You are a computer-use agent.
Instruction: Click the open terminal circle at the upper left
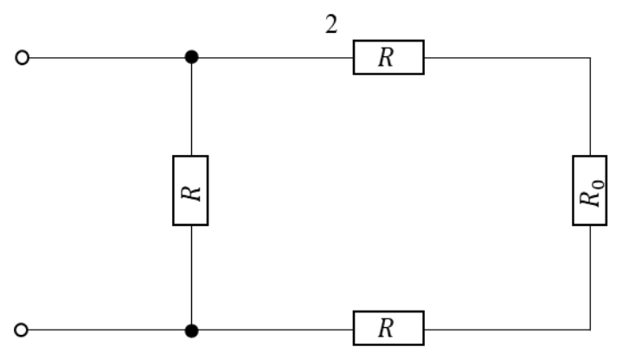(22, 58)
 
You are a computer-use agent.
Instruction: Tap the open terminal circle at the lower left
(22, 330)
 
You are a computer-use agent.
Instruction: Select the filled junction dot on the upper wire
(191, 57)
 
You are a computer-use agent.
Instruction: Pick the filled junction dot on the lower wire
(191, 331)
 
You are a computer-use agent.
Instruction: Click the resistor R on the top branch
(388, 57)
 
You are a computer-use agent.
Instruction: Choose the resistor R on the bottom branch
(388, 328)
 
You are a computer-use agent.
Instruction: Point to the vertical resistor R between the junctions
(191, 190)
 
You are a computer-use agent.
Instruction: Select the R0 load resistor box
(590, 190)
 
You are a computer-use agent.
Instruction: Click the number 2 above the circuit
(331, 24)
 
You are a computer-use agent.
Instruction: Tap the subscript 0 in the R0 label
(598, 184)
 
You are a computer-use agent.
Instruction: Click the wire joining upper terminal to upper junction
(107, 58)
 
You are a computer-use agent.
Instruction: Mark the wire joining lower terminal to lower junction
(106, 330)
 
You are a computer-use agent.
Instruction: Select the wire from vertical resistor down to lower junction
(191, 274)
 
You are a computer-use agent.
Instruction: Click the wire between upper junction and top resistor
(276, 58)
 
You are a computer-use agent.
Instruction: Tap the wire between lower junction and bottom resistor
(276, 330)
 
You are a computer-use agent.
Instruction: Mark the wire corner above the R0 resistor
(590, 58)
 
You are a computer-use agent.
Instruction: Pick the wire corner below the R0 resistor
(590, 330)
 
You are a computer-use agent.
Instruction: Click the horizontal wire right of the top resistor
(507, 58)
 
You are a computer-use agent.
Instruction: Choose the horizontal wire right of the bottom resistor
(507, 330)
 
